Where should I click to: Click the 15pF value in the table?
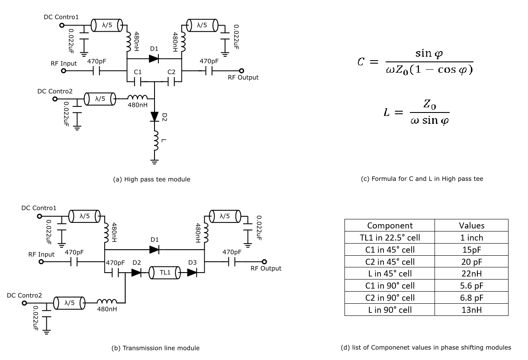point(471,250)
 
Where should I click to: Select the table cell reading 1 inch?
point(471,238)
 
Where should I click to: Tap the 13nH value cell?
point(471,310)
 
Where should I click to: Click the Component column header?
point(390,225)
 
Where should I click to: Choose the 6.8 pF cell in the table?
point(471,298)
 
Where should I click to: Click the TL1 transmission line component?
point(164,273)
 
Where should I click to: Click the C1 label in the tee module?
point(137,72)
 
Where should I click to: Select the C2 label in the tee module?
point(171,72)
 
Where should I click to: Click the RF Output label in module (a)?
point(243,77)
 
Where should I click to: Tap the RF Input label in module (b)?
point(42,254)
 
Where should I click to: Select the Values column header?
point(471,225)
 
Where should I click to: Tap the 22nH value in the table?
point(471,273)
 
